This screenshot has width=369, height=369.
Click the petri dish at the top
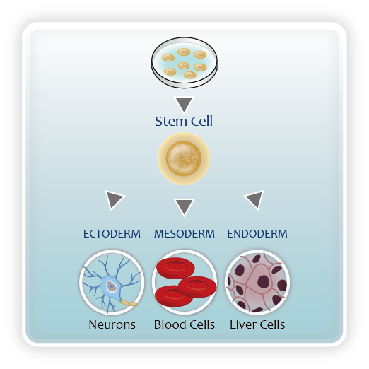[184, 63]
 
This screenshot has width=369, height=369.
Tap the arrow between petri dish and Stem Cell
[184, 105]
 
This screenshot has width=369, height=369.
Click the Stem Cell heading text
[184, 121]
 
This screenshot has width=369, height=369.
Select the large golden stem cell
[184, 158]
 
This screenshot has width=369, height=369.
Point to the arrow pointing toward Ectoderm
[114, 199]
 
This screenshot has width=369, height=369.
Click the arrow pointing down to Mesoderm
[184, 207]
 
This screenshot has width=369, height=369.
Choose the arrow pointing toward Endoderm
[254, 199]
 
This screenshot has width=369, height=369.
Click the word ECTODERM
[112, 234]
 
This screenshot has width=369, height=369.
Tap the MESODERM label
[184, 234]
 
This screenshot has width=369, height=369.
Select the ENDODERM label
[257, 234]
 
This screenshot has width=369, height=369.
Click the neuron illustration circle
[112, 282]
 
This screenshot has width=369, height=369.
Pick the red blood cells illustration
[184, 282]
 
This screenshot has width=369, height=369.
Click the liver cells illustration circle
[257, 282]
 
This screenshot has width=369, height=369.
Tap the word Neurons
[112, 324]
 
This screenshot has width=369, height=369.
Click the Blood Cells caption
[184, 324]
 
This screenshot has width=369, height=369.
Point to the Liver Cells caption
[257, 324]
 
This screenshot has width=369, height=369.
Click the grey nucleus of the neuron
[112, 286]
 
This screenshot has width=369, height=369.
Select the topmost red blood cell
[175, 268]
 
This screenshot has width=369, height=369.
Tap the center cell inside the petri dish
[184, 65]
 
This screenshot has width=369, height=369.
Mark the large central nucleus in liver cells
[263, 281]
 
